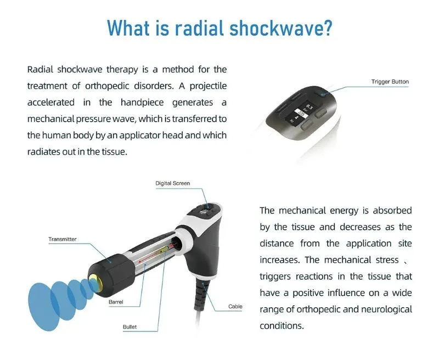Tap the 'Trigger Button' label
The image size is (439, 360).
[390, 82]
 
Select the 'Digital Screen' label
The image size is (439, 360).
[172, 183]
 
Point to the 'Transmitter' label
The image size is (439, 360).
[62, 239]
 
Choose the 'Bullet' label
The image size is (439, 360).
[130, 328]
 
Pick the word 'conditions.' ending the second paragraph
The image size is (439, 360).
[282, 325]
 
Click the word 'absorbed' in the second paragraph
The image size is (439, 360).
[392, 210]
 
